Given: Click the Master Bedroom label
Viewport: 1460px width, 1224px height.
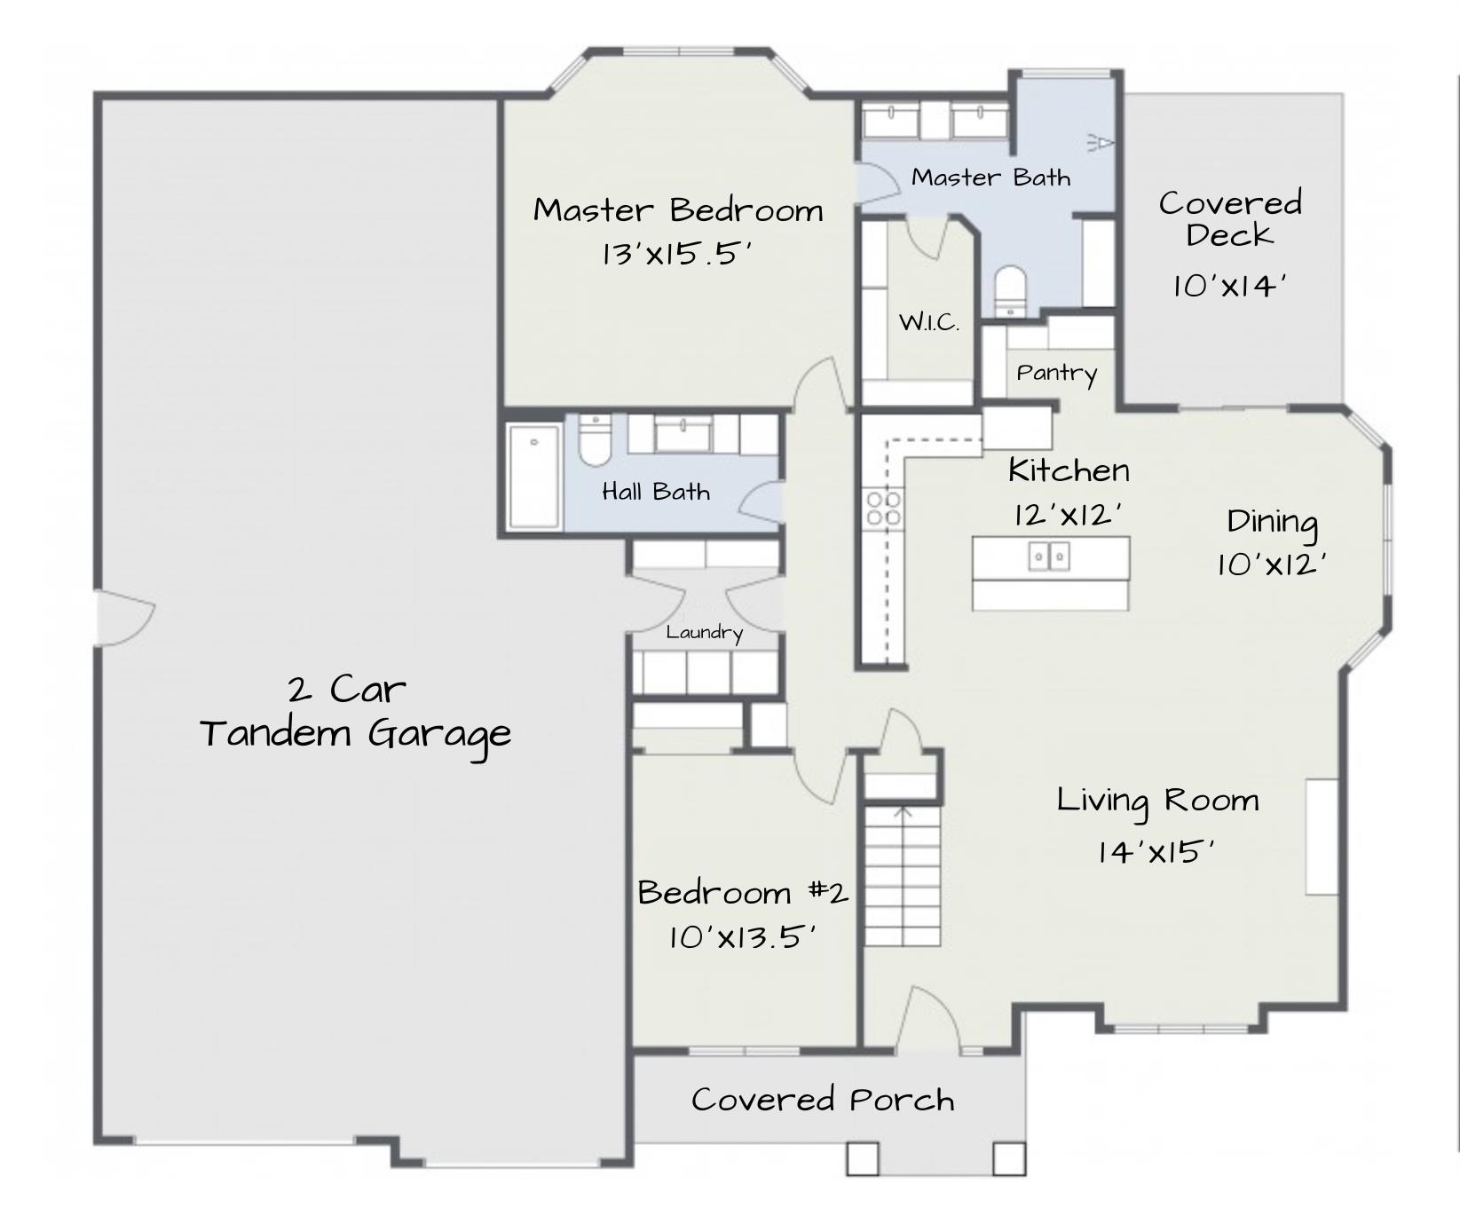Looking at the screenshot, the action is point(678,210).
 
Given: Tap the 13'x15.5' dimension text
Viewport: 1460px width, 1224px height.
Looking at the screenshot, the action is point(676,256).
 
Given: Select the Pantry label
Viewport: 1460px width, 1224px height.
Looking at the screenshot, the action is point(1056,373).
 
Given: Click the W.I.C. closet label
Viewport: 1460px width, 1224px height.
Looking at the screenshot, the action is point(929,322).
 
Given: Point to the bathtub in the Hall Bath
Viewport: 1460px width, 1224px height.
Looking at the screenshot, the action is point(534,477).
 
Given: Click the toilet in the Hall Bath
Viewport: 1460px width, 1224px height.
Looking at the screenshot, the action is point(594,441).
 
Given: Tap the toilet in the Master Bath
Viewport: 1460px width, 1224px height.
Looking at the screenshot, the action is point(1010,291).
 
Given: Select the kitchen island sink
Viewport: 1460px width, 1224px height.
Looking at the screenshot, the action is point(1049,557).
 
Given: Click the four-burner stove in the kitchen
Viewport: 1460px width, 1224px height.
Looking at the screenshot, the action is point(884,508).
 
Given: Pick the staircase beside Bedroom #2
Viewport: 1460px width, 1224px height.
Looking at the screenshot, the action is point(903,875).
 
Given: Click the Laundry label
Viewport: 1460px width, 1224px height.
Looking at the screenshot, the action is point(704,633).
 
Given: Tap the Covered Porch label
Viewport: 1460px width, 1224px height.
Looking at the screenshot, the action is point(823,1100).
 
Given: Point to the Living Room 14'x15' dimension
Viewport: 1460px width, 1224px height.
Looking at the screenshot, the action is point(1155,852).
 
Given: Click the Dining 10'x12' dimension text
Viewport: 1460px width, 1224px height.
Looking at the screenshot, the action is point(1271,565).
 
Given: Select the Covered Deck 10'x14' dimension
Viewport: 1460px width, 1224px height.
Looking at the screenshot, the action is point(1229,286).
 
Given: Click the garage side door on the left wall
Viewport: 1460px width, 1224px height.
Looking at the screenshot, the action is point(124,618).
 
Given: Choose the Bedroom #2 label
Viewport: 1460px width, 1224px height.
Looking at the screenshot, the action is point(743,892).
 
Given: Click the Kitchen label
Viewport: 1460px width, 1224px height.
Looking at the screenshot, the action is point(1069,470).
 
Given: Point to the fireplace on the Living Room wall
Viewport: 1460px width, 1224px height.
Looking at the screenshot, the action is point(1321,837).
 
